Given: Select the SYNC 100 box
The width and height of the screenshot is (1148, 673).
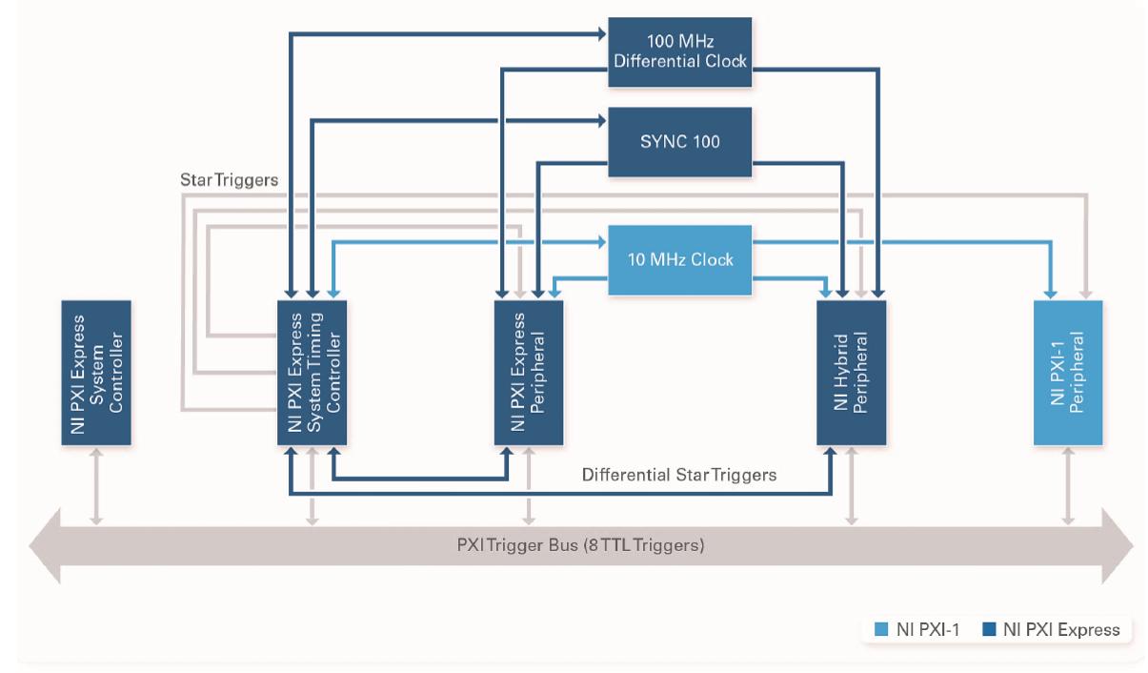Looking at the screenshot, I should [x=680, y=141].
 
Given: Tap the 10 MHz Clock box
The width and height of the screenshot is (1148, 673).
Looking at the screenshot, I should [x=680, y=259].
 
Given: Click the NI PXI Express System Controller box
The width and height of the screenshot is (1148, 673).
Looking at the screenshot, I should [x=96, y=373].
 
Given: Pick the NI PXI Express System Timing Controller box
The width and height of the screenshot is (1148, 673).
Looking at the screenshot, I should [x=312, y=373].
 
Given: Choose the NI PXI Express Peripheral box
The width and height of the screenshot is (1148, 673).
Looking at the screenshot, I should [x=528, y=373].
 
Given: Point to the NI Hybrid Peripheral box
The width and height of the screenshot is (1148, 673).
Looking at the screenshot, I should [x=852, y=373].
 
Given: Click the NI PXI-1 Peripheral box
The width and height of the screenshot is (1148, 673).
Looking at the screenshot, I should [x=1068, y=373].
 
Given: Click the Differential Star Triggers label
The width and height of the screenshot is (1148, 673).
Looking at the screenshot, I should [x=679, y=474].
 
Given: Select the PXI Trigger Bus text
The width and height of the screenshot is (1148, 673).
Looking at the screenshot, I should [x=579, y=546].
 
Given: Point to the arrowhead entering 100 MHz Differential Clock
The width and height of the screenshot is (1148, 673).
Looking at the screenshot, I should [x=601, y=34].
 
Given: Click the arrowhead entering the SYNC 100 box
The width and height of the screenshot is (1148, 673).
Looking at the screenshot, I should [x=601, y=121].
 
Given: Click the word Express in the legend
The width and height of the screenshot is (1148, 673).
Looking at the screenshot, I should [x=1092, y=629].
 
